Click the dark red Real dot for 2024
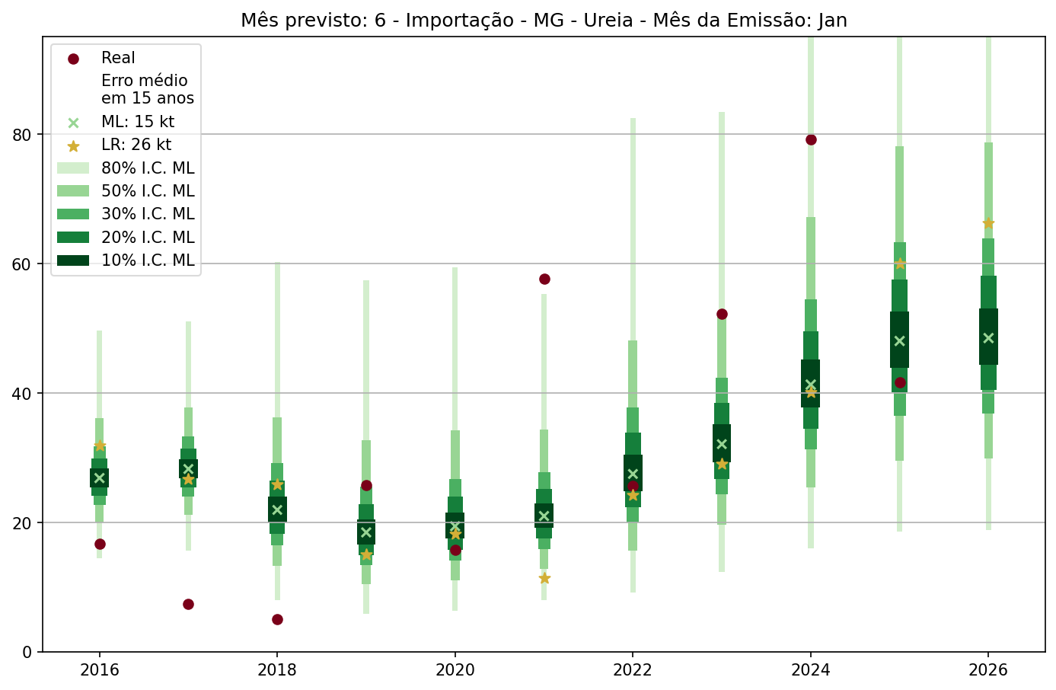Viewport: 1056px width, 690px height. [x=811, y=139]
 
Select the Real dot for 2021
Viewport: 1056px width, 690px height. [x=544, y=279]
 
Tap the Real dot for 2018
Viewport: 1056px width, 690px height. [x=277, y=619]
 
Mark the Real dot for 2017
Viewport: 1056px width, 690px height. [x=188, y=604]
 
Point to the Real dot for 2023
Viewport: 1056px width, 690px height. [x=722, y=314]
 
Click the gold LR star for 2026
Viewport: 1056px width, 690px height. [x=988, y=223]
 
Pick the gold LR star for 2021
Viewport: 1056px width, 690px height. [x=544, y=578]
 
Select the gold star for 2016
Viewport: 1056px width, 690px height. [x=100, y=446]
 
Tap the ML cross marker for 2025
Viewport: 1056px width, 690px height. [x=899, y=341]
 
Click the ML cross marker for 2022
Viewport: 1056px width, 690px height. [x=633, y=474]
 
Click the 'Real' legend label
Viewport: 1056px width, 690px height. [x=118, y=58]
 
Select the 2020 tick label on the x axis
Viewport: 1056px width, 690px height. [x=455, y=670]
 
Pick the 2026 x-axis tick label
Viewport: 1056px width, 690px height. [x=988, y=670]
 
